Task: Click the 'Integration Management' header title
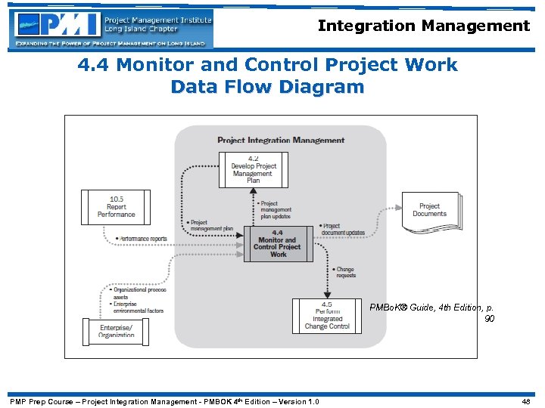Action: [x=423, y=26]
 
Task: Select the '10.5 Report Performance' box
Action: [x=116, y=207]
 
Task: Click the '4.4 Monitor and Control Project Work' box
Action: [x=278, y=244]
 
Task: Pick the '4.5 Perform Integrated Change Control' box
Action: [x=327, y=317]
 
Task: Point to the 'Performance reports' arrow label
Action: [x=142, y=239]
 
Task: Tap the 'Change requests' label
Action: [x=344, y=272]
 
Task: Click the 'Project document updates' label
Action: [x=344, y=229]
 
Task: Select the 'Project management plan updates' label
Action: [x=276, y=209]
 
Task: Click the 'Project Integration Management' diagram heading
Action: [x=281, y=140]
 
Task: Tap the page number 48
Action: [x=526, y=401]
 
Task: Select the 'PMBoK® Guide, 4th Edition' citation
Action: [x=431, y=308]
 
